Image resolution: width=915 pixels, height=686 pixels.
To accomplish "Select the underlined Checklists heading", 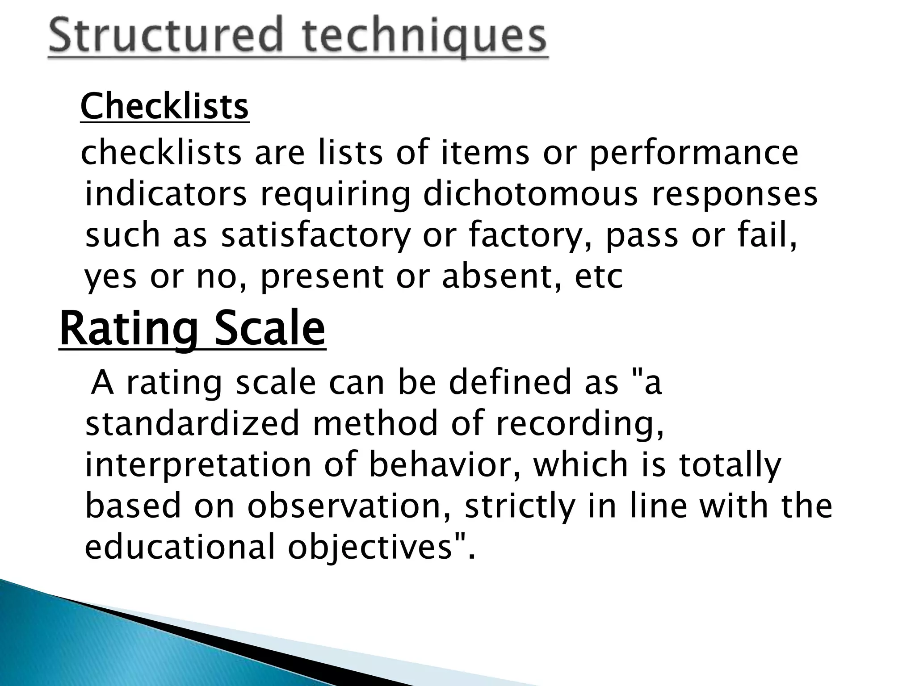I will tap(164, 107).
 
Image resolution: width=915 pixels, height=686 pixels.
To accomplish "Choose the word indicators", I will tap(166, 194).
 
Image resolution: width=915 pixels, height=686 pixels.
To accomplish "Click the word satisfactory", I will tap(315, 235).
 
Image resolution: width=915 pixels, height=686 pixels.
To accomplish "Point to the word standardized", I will tap(192, 423).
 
